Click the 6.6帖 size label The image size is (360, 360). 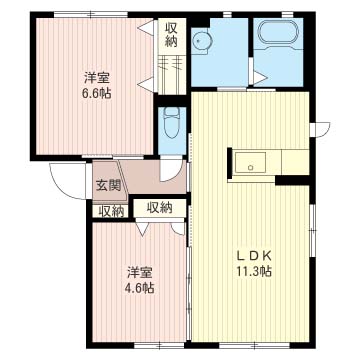tap(96, 95)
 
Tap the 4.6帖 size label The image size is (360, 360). tap(140, 288)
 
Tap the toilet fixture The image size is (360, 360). tap(171, 123)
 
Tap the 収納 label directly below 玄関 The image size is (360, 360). tap(111, 211)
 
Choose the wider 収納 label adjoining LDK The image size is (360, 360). tap(159, 207)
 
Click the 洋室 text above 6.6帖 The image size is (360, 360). tap(96, 77)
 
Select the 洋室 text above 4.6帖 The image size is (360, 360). tap(140, 271)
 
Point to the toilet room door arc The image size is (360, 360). tap(175, 168)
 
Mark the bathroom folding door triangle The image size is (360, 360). tap(258, 76)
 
